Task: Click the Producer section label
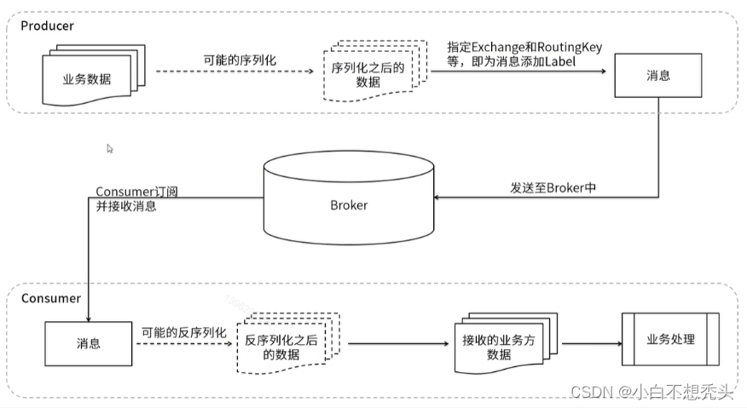[x=48, y=26]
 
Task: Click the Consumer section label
[x=50, y=298]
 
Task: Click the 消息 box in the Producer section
[x=658, y=75]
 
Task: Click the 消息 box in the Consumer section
[x=89, y=343]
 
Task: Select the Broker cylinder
[x=348, y=205]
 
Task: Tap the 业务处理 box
[x=670, y=339]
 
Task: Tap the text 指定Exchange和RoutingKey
[x=524, y=48]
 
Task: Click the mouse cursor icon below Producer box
[x=110, y=148]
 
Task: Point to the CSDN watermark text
[x=652, y=391]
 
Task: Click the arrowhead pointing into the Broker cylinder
[x=438, y=198]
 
